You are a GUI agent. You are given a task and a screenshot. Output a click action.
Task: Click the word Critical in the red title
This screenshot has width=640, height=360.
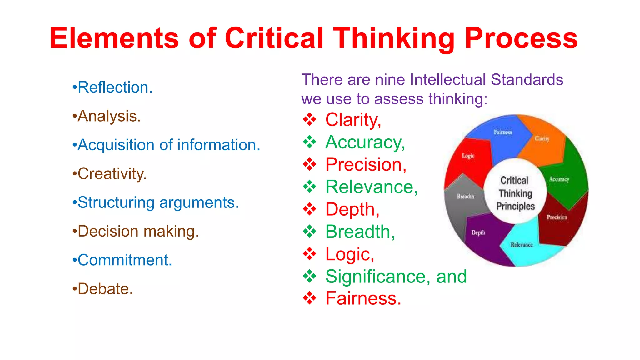click(274, 38)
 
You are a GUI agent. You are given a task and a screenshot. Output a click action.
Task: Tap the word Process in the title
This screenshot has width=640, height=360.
click(521, 38)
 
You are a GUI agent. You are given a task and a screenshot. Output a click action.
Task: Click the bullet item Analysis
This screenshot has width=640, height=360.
click(109, 116)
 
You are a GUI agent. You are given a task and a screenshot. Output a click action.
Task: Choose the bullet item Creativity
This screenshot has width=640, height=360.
click(112, 174)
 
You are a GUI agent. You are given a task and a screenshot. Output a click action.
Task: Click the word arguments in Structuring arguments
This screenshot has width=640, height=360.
click(199, 203)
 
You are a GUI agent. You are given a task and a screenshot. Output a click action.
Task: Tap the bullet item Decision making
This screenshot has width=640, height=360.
click(138, 232)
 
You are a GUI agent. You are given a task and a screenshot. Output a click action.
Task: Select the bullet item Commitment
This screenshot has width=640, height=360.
click(124, 260)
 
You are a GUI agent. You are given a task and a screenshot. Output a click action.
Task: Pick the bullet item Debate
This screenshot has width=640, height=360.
click(105, 289)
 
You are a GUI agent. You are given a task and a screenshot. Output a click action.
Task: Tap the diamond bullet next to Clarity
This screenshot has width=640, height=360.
click(309, 120)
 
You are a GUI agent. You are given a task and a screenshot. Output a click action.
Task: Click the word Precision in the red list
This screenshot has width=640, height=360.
click(366, 165)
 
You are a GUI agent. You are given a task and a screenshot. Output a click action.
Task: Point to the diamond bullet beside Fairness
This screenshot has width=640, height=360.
click(309, 298)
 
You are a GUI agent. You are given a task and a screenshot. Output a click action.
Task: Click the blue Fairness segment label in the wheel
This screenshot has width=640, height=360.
click(503, 132)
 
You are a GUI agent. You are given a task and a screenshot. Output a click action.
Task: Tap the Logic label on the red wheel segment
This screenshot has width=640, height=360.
click(468, 156)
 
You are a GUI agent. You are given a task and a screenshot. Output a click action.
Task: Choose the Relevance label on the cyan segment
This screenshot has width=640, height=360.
click(522, 245)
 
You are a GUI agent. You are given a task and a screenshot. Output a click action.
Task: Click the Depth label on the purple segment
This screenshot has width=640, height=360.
click(478, 232)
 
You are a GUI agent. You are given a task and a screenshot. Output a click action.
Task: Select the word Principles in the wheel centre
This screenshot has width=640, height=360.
click(515, 206)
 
